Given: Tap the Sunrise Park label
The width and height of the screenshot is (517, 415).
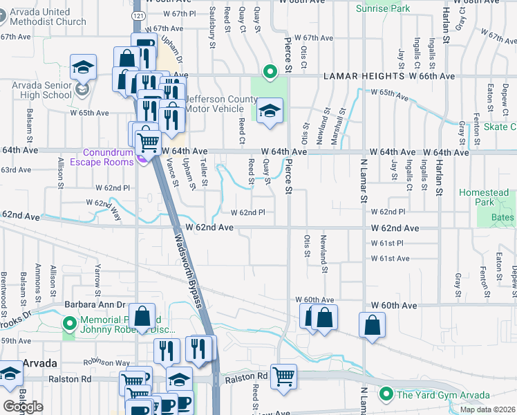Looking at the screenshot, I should (383, 8).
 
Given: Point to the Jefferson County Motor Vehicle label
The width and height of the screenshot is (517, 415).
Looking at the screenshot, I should (221, 104).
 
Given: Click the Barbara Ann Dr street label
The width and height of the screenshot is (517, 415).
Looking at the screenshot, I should (95, 304).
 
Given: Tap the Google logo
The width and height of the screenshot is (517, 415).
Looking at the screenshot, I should (23, 407).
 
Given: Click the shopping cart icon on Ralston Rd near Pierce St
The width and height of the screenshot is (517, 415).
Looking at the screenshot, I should (283, 377).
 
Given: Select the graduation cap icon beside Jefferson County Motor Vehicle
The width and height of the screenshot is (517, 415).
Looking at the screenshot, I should (269, 111).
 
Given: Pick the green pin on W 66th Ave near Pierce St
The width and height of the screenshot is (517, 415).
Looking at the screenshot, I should (270, 71).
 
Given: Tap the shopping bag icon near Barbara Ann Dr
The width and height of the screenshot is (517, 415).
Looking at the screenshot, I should (142, 316).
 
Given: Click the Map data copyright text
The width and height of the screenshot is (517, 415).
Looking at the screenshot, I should (487, 409).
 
